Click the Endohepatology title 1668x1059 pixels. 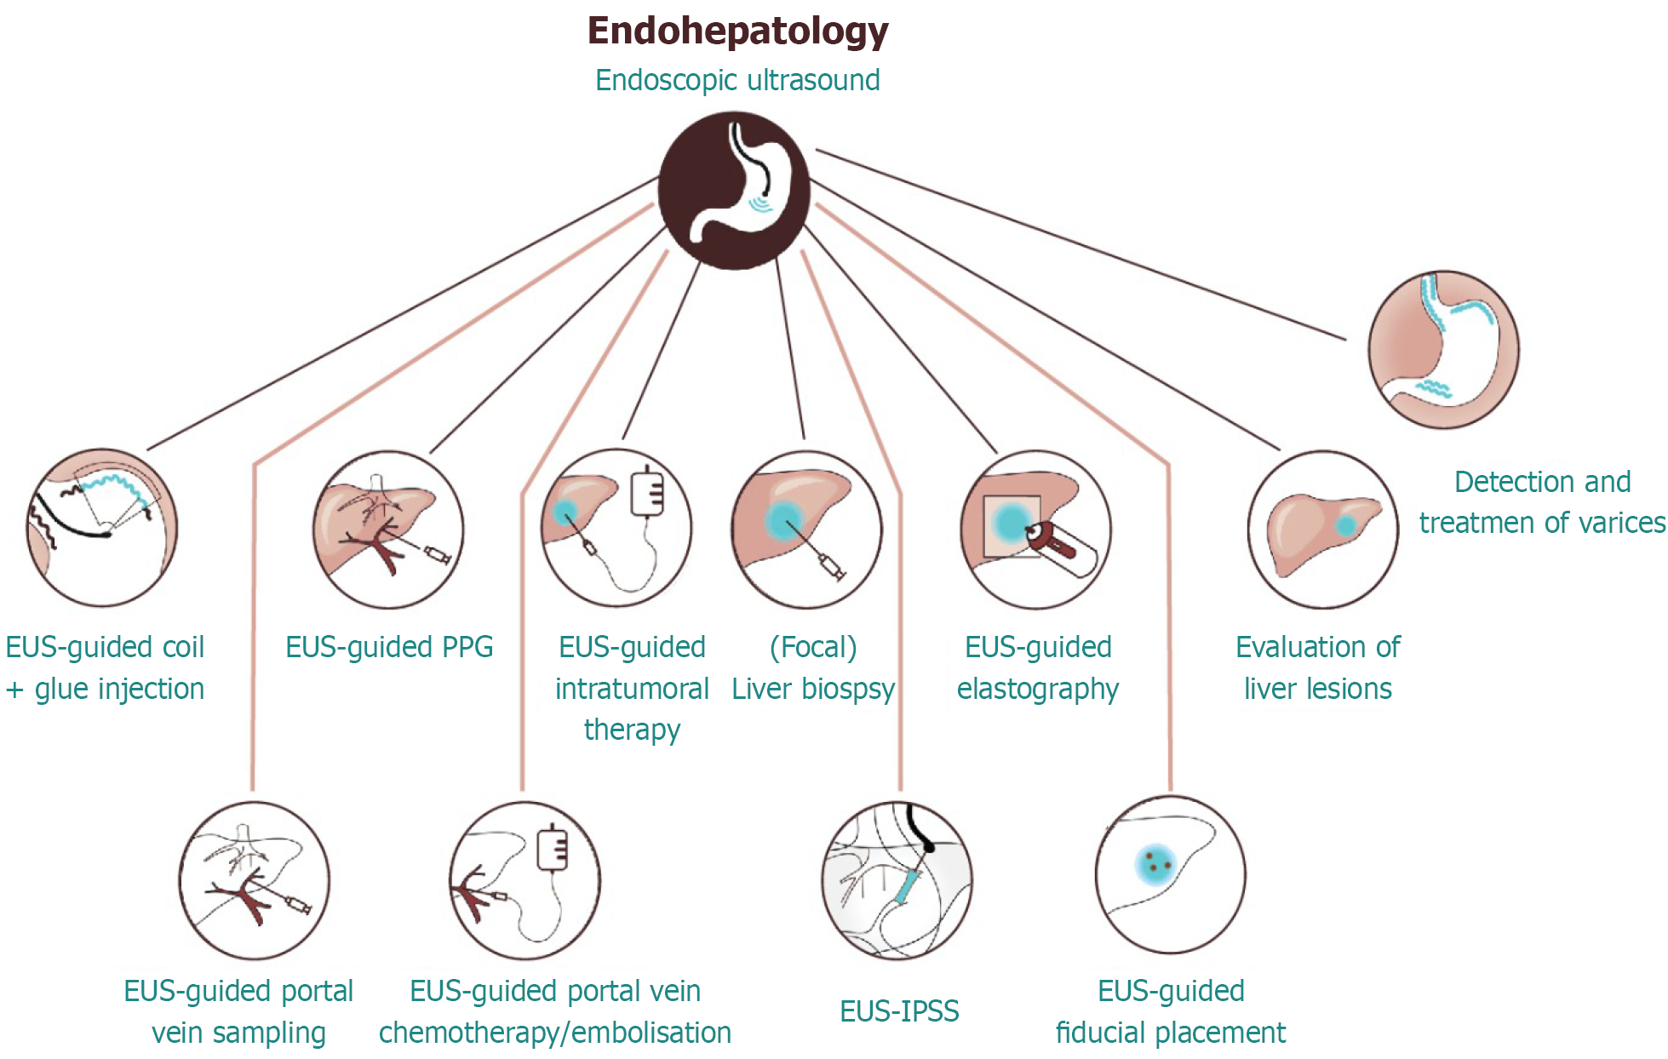[x=737, y=31]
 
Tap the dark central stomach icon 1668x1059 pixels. [x=735, y=191]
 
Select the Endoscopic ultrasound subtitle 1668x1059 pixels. [x=737, y=80]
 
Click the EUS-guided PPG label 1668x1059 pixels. [x=389, y=647]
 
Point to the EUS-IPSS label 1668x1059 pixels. [x=899, y=1011]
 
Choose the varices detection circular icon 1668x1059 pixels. [x=1444, y=350]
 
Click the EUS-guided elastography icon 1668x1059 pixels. [x=1036, y=529]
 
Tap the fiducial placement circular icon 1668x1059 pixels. [x=1171, y=874]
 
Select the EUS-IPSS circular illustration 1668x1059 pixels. [x=897, y=879]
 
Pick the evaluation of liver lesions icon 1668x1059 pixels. [x=1323, y=529]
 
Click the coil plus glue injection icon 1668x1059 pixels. [x=102, y=528]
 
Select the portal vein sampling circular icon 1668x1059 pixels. [x=255, y=880]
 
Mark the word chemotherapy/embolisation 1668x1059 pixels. [x=555, y=1033]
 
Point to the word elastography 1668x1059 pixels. [x=1037, y=689]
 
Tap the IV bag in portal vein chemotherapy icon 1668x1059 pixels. [x=553, y=848]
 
